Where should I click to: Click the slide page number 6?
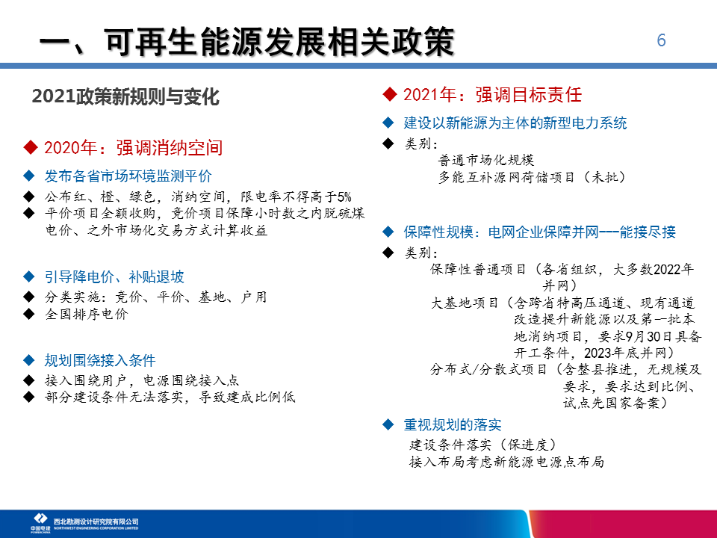click(x=661, y=40)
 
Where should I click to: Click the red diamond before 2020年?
click(x=31, y=148)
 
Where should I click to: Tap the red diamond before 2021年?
click(x=390, y=95)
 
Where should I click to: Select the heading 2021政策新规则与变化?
click(x=125, y=96)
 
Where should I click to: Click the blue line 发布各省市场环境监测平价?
click(x=128, y=176)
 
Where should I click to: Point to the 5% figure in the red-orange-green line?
click(x=344, y=197)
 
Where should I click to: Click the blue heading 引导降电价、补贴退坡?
click(x=114, y=276)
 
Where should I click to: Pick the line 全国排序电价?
click(x=87, y=314)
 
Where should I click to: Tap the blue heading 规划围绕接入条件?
click(x=100, y=360)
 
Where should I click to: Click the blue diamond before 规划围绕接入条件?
click(x=29, y=360)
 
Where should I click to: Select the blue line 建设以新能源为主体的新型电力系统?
click(x=515, y=123)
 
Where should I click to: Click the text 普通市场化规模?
click(x=486, y=160)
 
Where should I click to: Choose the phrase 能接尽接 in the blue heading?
click(x=648, y=232)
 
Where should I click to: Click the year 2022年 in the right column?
click(x=674, y=269)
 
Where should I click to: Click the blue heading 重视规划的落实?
click(x=453, y=425)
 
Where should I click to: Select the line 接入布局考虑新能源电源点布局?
click(x=506, y=462)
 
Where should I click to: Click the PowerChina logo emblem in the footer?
click(x=40, y=519)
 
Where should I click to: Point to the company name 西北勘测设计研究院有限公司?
click(x=96, y=522)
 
